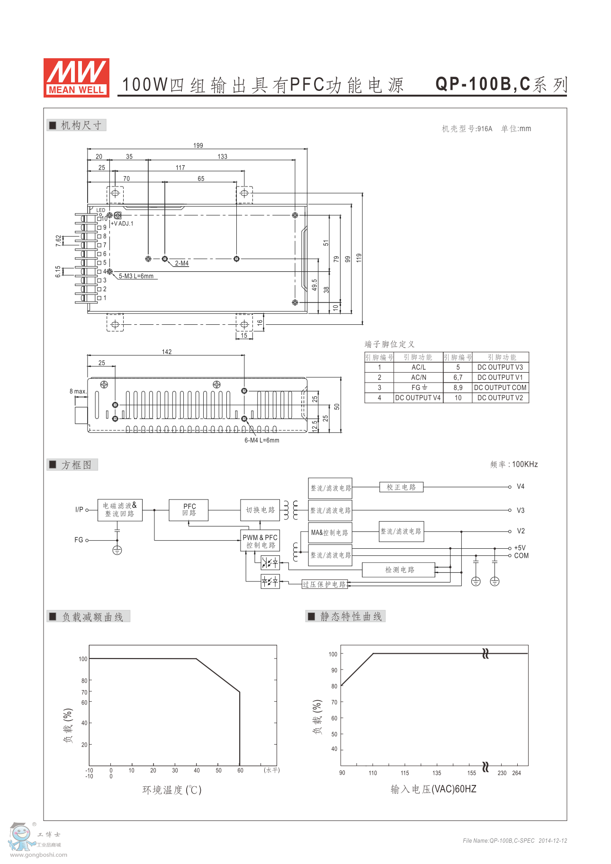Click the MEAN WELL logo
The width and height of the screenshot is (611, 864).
tap(76, 78)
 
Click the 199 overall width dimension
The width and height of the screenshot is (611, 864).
tap(198, 145)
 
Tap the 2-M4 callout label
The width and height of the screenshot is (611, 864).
tap(182, 263)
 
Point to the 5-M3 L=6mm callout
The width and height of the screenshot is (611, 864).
tap(136, 276)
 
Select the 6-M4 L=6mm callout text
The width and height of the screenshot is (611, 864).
tap(262, 440)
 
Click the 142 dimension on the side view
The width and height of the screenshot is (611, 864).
tap(167, 352)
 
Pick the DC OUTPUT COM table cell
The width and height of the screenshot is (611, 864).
tap(500, 387)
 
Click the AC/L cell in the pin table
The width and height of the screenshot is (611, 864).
tap(419, 367)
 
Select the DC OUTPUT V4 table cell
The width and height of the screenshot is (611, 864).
tap(418, 398)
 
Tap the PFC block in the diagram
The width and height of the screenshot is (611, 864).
tap(189, 510)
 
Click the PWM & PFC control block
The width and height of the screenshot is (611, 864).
tap(260, 541)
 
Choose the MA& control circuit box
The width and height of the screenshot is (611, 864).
tap(330, 533)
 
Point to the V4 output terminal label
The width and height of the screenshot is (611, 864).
tap(521, 486)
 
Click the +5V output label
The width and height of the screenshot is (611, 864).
tap(520, 548)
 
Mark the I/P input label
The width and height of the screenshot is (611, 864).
tap(79, 509)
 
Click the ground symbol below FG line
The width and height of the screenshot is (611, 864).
tap(117, 550)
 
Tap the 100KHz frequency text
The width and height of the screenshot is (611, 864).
tap(525, 464)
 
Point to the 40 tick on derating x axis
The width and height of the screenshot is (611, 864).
tap(197, 770)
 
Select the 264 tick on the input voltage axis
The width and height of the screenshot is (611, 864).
tap(516, 773)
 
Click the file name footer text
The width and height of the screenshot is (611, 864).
tap(515, 841)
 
